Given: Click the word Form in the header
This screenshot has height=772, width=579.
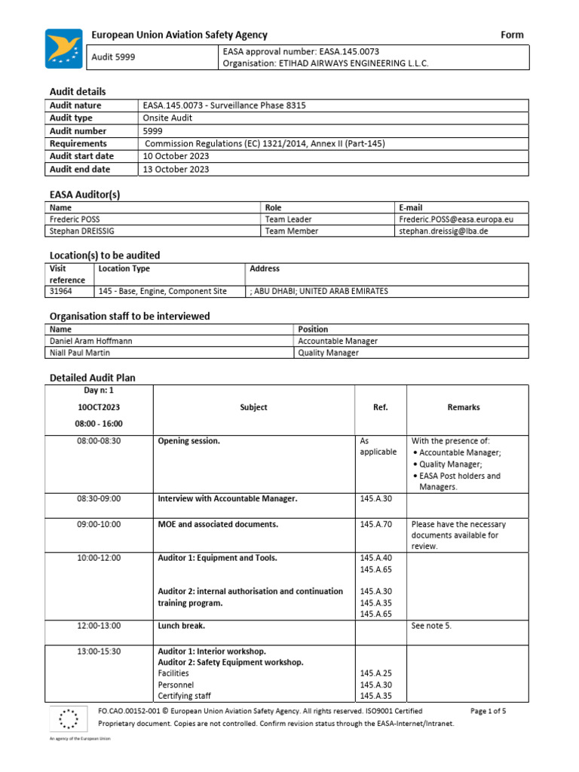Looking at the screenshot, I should [512, 35].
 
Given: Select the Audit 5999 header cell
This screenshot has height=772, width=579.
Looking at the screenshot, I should [113, 57].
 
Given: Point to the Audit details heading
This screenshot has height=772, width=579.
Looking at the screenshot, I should [78, 91].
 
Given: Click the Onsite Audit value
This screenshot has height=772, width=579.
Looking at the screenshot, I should [167, 118].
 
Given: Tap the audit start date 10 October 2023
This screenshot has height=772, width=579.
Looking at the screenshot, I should [176, 156].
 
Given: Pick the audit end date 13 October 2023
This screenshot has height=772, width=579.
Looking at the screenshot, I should [176, 169].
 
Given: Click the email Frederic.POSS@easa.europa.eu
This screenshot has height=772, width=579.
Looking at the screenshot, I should [456, 219].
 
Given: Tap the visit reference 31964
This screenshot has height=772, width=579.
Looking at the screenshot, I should [62, 291].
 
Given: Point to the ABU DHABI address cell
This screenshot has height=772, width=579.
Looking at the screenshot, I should [320, 291].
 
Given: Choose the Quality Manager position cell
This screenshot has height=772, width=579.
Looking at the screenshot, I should [328, 352].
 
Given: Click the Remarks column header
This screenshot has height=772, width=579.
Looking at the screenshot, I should [463, 407].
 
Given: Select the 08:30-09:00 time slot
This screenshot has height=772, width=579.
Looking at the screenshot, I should [99, 498].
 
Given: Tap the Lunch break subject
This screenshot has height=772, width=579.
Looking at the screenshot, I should [181, 626].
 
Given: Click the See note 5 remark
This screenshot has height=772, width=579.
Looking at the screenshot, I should [431, 626].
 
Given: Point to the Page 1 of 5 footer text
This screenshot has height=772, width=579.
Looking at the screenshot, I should [488, 711].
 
